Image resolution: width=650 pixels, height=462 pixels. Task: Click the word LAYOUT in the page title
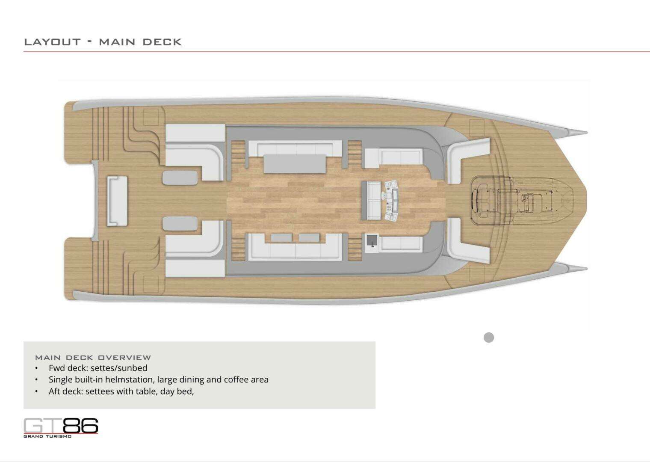point(52,42)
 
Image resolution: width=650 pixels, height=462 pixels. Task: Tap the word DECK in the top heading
point(162,42)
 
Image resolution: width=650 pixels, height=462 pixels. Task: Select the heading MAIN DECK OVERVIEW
point(93,358)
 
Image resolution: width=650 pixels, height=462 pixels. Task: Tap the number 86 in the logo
point(80,426)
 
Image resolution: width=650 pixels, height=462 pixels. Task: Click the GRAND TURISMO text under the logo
point(47,436)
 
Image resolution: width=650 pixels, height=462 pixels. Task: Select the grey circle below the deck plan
point(489,338)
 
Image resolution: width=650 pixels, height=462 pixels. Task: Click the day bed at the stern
point(117,201)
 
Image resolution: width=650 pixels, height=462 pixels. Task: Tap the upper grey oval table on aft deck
point(180,178)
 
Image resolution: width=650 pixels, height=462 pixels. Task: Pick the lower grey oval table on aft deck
point(180,223)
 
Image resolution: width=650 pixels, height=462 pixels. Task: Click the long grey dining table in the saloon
point(295,164)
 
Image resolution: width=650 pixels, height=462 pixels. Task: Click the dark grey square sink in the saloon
point(372,240)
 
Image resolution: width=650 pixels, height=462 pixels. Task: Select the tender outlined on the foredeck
point(521,200)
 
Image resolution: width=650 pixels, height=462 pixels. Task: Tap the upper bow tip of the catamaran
point(587,133)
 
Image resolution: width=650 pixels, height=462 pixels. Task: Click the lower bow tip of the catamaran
point(587,269)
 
